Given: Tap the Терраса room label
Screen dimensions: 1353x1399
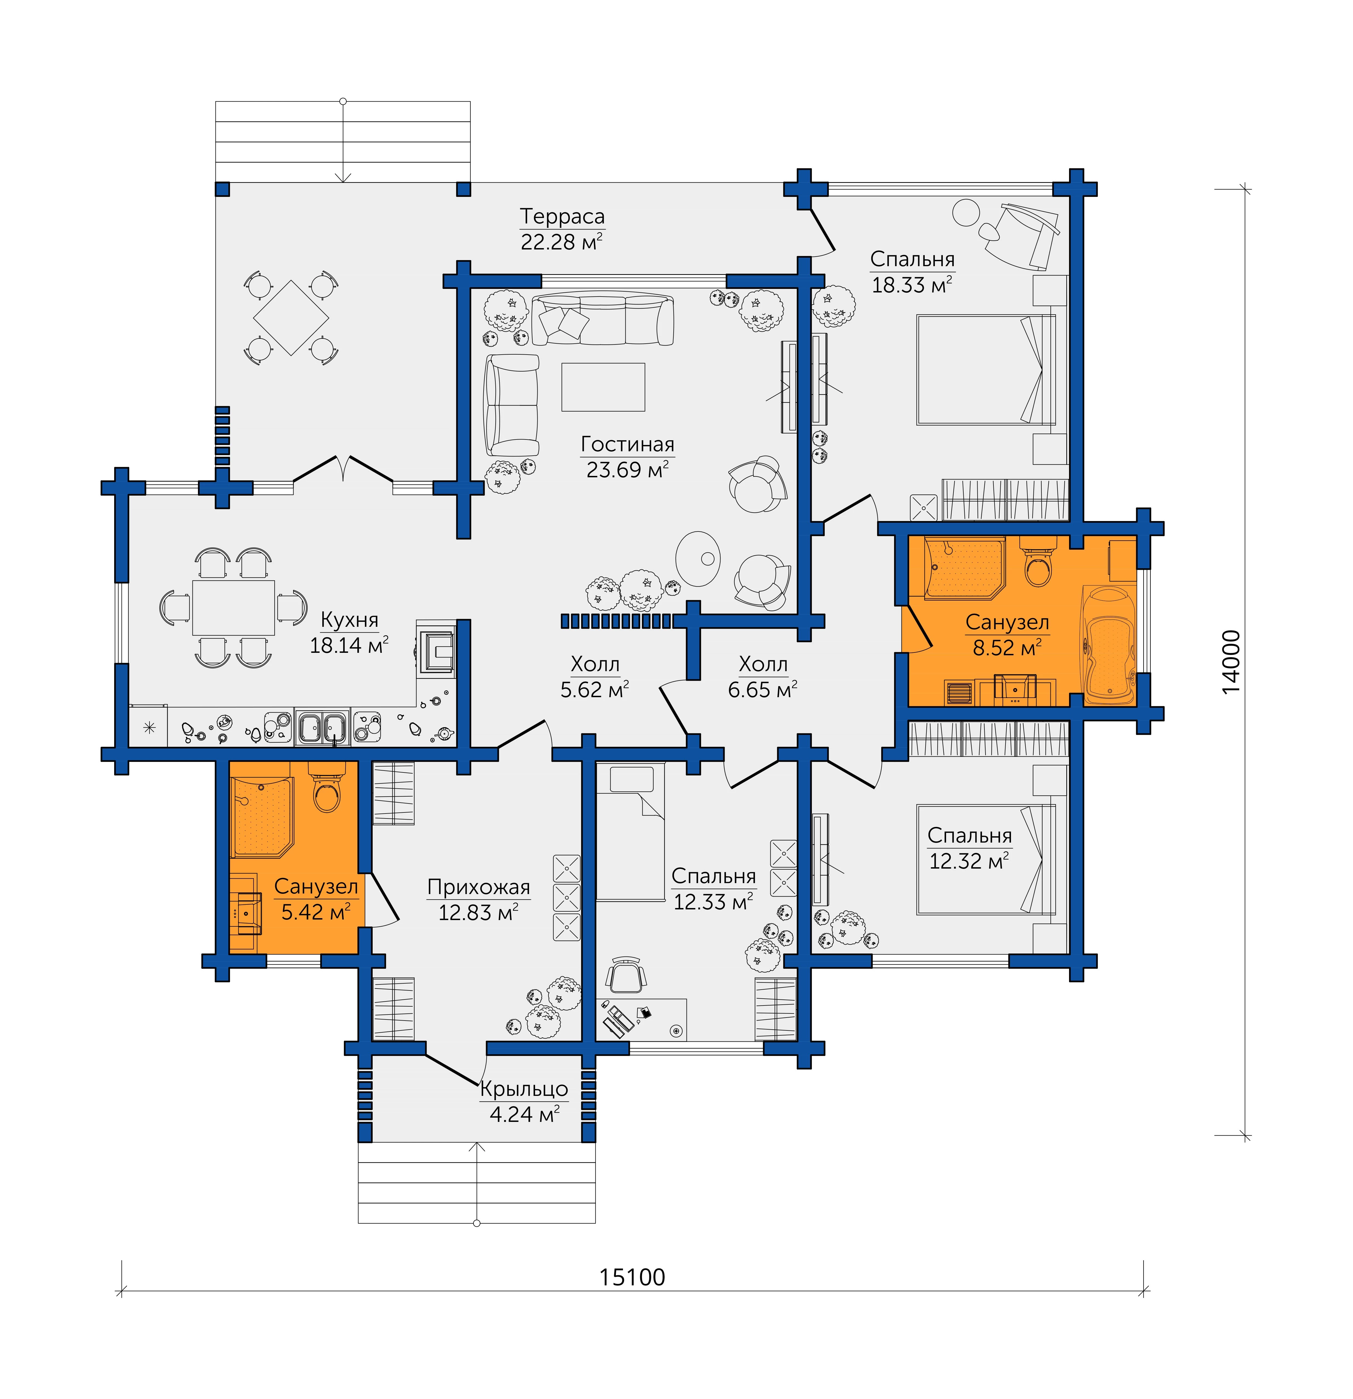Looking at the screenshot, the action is point(562,216).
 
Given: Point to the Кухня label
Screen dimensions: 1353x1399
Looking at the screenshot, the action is point(350,620).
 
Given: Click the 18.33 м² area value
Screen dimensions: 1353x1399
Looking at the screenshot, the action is point(911,285).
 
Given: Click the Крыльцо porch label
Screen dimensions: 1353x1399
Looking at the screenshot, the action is point(524,1089).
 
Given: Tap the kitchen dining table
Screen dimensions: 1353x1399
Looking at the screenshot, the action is point(233,607).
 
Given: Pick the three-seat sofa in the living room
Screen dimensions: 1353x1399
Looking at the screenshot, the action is point(603,320).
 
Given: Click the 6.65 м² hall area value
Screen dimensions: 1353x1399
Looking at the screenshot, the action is point(762,690).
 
